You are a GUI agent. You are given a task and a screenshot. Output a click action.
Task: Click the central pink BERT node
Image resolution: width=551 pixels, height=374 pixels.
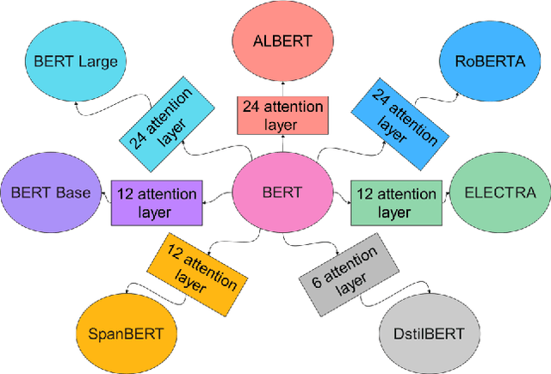point(281,193)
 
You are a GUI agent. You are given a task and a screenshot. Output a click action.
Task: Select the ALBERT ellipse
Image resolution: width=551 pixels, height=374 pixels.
point(281,40)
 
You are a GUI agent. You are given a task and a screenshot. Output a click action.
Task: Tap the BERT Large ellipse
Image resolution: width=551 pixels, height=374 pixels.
point(76,61)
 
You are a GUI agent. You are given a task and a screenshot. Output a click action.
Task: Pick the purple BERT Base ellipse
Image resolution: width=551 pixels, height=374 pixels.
point(50,193)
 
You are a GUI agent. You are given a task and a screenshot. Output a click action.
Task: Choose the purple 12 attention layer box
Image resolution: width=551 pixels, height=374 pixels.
point(158,202)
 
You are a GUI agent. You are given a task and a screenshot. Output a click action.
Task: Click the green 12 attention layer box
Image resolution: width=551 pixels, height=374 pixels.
point(395,202)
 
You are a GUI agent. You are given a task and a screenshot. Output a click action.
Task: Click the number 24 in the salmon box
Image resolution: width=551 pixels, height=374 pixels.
point(253,107)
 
